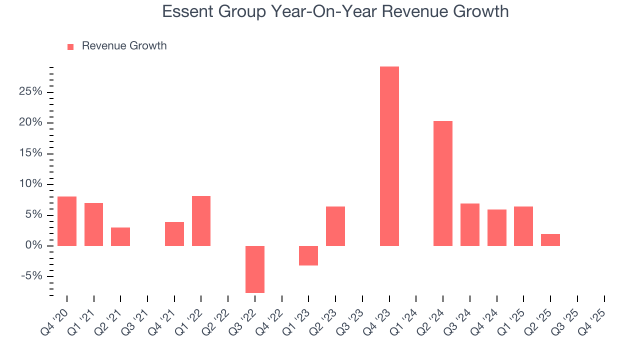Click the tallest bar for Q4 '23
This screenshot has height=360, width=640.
389,156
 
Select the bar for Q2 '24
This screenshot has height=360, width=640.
443,183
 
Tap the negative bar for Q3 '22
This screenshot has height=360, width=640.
255,269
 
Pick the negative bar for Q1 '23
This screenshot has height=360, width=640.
308,255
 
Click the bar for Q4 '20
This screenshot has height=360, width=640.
67,221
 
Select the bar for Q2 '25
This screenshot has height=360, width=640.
550,240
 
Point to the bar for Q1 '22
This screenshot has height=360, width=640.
201,220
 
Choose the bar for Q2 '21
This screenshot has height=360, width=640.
120,236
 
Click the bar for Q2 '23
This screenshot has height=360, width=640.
335,226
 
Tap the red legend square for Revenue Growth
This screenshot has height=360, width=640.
70,46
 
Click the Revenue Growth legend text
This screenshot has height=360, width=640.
124,46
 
